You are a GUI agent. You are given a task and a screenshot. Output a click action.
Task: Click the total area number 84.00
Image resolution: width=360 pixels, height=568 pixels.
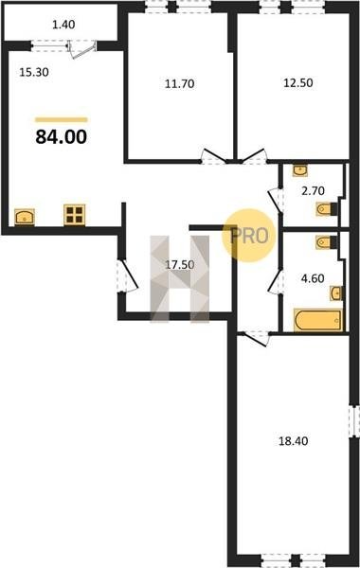[x=62, y=137]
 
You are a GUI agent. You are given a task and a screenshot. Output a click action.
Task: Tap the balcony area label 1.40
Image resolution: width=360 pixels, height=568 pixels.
[x=63, y=25]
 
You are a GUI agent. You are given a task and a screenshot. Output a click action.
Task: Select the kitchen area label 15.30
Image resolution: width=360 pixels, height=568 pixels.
[x=34, y=73]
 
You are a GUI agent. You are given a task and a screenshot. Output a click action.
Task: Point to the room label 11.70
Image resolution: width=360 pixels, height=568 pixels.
[x=180, y=83]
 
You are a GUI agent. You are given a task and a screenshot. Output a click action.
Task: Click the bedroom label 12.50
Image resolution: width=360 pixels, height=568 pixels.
[x=298, y=82]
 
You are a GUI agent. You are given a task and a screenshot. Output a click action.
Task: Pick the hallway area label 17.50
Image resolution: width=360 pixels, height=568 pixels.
[x=180, y=265]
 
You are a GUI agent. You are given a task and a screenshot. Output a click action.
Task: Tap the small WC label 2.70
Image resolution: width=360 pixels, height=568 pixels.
[x=314, y=190]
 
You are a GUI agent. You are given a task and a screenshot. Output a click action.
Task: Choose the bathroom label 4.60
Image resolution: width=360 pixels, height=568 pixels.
[x=313, y=278]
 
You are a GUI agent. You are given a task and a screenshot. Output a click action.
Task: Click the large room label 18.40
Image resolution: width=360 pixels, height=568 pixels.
[x=293, y=441]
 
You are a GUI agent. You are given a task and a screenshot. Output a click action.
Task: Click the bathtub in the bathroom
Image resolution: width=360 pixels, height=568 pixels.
[x=318, y=320]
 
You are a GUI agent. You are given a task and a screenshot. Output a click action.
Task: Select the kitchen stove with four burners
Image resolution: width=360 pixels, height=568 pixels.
[x=74, y=215]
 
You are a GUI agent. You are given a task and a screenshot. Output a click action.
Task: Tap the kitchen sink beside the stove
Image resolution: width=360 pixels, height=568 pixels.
[x=25, y=217]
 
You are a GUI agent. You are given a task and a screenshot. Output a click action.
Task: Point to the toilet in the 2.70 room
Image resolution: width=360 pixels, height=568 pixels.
[x=326, y=209]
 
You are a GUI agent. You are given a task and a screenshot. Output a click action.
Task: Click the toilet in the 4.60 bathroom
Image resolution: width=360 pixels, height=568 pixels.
[x=326, y=242]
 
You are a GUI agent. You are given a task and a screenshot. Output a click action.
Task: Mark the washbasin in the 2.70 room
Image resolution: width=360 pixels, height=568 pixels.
[x=300, y=169]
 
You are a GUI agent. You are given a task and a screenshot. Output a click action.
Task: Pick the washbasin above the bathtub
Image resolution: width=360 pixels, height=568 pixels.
[x=336, y=293]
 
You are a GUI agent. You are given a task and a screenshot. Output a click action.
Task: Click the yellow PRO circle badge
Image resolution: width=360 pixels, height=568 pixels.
[x=249, y=236]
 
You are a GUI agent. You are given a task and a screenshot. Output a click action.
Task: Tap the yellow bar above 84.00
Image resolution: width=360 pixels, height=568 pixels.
[x=62, y=120]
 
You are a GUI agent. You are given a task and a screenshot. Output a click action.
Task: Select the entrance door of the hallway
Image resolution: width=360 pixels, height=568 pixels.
[x=127, y=275]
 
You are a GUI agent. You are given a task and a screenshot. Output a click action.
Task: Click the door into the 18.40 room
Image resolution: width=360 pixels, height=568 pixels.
[x=254, y=339]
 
